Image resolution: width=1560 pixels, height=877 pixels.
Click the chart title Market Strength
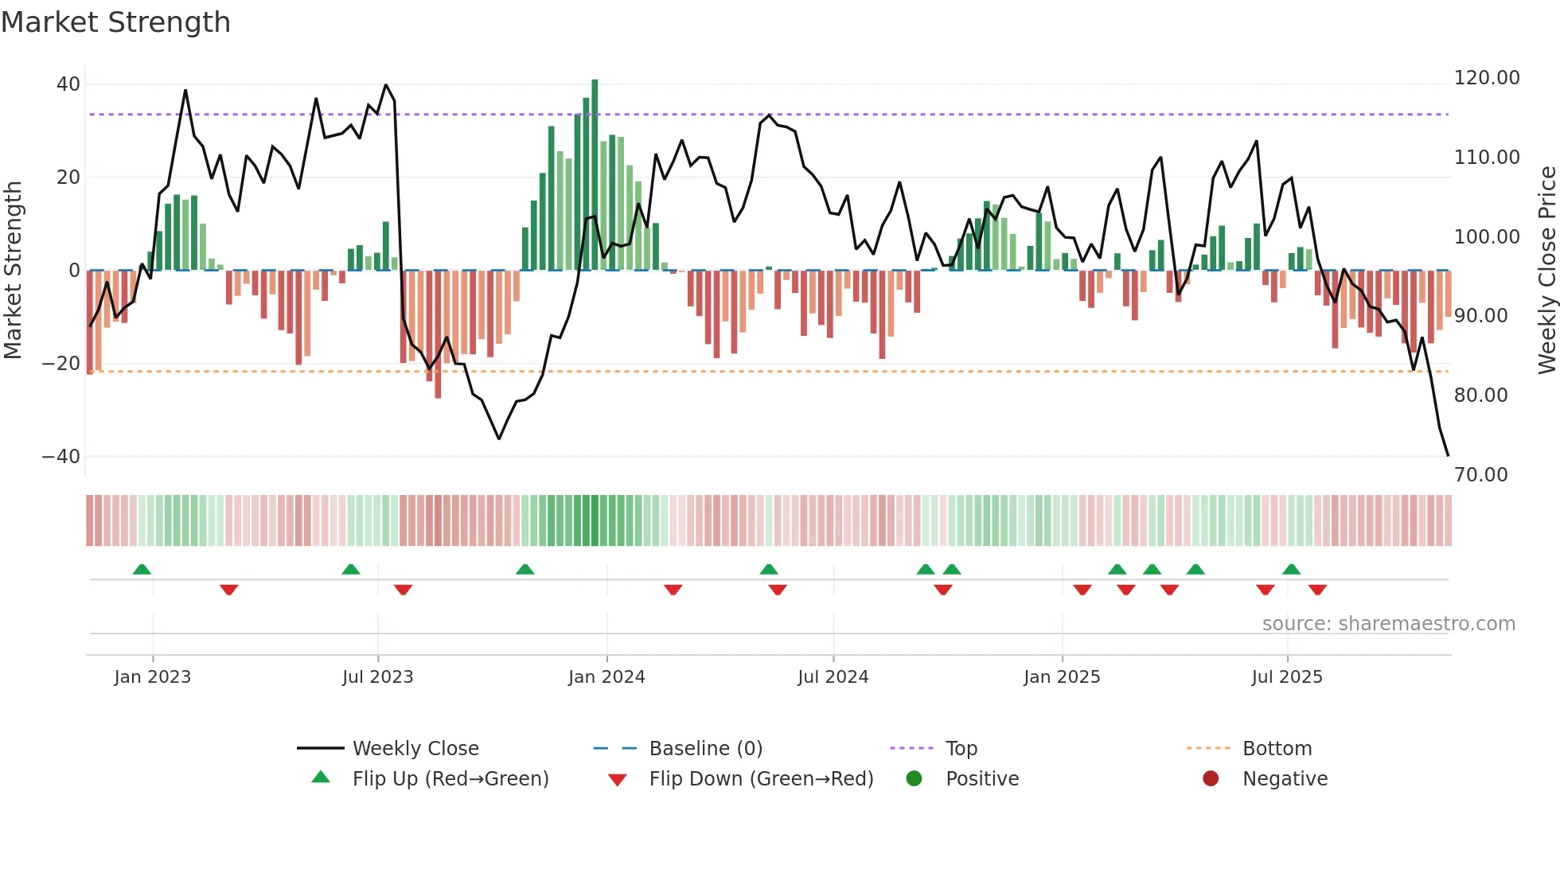[115, 22]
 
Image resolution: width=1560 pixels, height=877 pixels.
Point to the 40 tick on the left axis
[68, 84]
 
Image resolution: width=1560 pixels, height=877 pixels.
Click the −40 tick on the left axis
[61, 457]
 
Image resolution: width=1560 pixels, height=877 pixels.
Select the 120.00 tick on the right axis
[1486, 78]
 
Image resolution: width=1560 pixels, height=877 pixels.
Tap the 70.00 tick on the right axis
[1480, 475]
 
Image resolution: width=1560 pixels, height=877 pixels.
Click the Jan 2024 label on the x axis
[606, 677]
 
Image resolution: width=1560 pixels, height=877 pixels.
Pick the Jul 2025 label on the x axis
[1286, 677]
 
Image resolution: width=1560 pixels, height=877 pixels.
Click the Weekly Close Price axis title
[1546, 271]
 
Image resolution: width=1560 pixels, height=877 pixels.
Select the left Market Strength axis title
[13, 271]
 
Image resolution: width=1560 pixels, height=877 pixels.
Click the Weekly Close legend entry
[415, 749]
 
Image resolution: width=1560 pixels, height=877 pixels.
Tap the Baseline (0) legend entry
[705, 749]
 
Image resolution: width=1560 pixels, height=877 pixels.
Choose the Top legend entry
[961, 749]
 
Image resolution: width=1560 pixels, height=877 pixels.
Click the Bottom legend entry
[1277, 749]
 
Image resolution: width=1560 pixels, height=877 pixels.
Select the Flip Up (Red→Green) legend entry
[450, 779]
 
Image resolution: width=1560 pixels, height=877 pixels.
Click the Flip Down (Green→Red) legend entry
[761, 779]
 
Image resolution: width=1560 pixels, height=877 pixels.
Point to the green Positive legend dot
[914, 779]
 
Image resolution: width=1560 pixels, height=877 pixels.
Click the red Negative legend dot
[1211, 779]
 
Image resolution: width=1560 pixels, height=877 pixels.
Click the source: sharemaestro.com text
[1388, 624]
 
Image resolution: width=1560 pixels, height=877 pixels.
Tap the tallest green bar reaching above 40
[595, 175]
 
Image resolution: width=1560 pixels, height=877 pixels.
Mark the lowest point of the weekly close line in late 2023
[499, 438]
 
